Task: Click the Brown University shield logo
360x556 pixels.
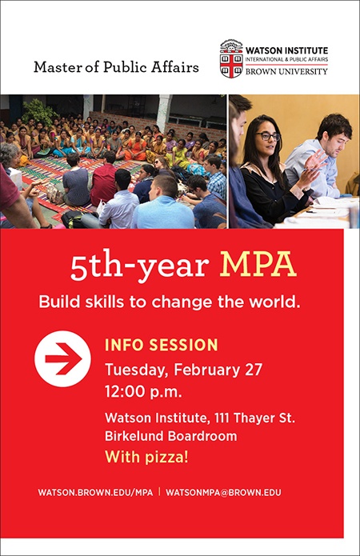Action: coord(231,59)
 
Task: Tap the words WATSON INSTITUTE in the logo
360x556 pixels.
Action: coord(286,50)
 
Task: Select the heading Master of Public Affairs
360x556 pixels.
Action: coord(116,67)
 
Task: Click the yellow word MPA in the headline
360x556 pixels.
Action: coord(258,265)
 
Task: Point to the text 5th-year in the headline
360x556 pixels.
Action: coord(139,266)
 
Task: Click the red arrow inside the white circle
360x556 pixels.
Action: coord(64,358)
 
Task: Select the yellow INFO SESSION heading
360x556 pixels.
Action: coord(162,345)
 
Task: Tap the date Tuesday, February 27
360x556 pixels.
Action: coord(183,370)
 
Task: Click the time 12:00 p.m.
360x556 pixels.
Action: coord(143,392)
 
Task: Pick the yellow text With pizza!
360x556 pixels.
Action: coord(146,457)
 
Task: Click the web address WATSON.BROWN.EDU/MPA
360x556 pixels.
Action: coord(95,493)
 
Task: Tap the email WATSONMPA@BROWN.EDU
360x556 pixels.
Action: coord(223,493)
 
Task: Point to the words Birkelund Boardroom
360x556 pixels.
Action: coord(171,435)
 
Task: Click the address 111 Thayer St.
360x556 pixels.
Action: coord(254,418)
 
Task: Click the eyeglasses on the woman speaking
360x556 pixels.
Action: coord(269,136)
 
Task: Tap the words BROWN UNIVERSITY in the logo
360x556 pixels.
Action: coord(286,71)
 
